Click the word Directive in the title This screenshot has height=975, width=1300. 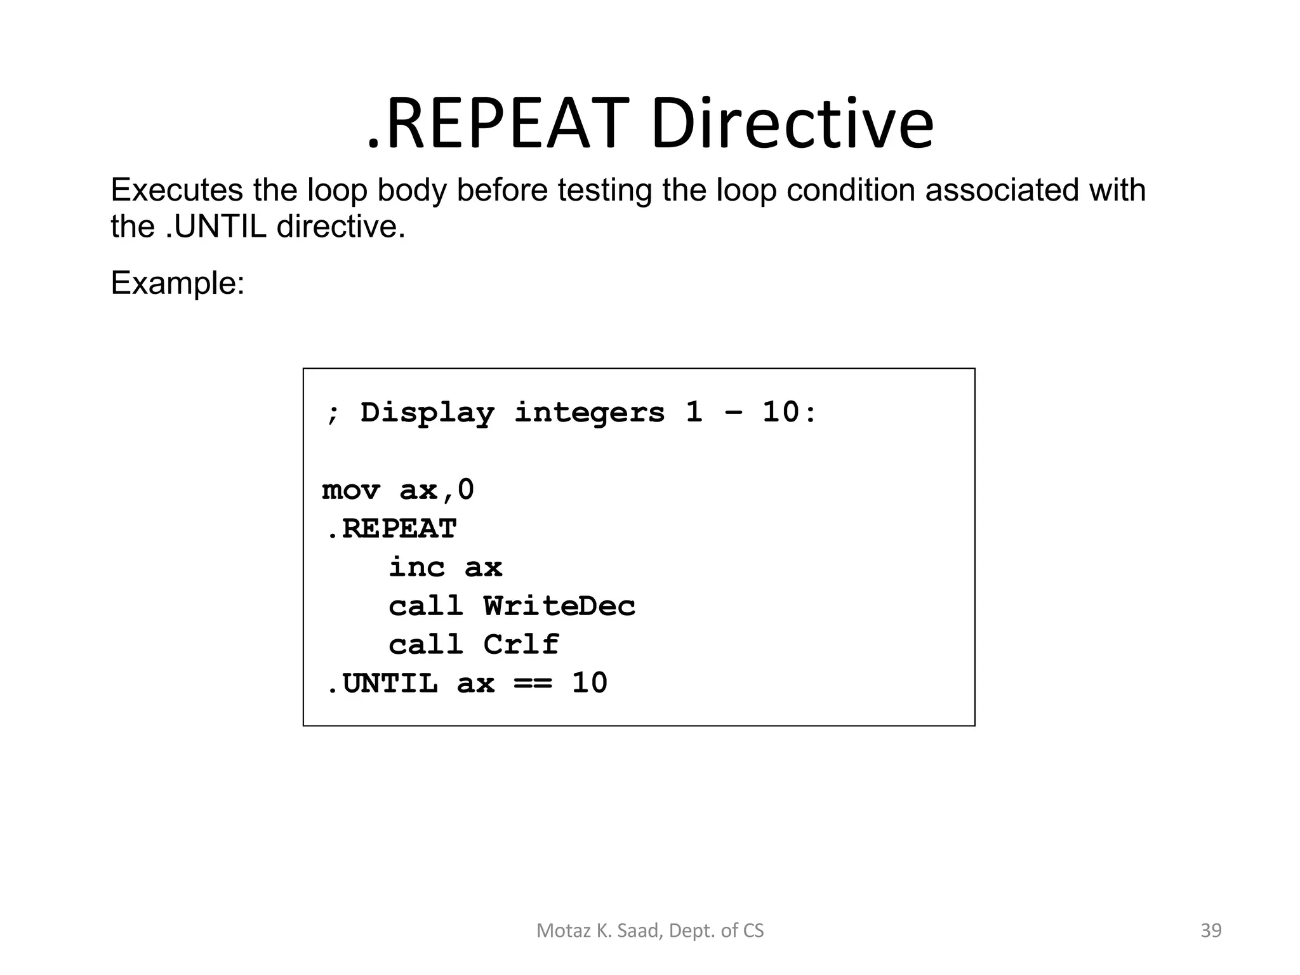point(792,124)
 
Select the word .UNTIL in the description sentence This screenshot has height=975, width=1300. point(215,227)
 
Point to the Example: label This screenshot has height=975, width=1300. point(177,283)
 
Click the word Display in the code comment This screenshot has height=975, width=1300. point(427,413)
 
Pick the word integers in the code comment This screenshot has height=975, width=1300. point(589,413)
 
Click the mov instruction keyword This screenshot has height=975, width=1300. point(350,491)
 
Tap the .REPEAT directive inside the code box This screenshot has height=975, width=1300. point(391,529)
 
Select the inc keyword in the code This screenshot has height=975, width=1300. point(416,567)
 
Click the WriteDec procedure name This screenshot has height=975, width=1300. point(559,606)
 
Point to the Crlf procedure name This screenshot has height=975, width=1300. point(521,645)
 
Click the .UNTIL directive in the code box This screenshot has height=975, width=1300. point(381,684)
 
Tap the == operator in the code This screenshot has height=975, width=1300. point(533,684)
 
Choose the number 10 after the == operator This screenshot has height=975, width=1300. point(590,684)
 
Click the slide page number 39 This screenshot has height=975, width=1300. point(1211,931)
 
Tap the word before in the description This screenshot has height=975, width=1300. point(501,190)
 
